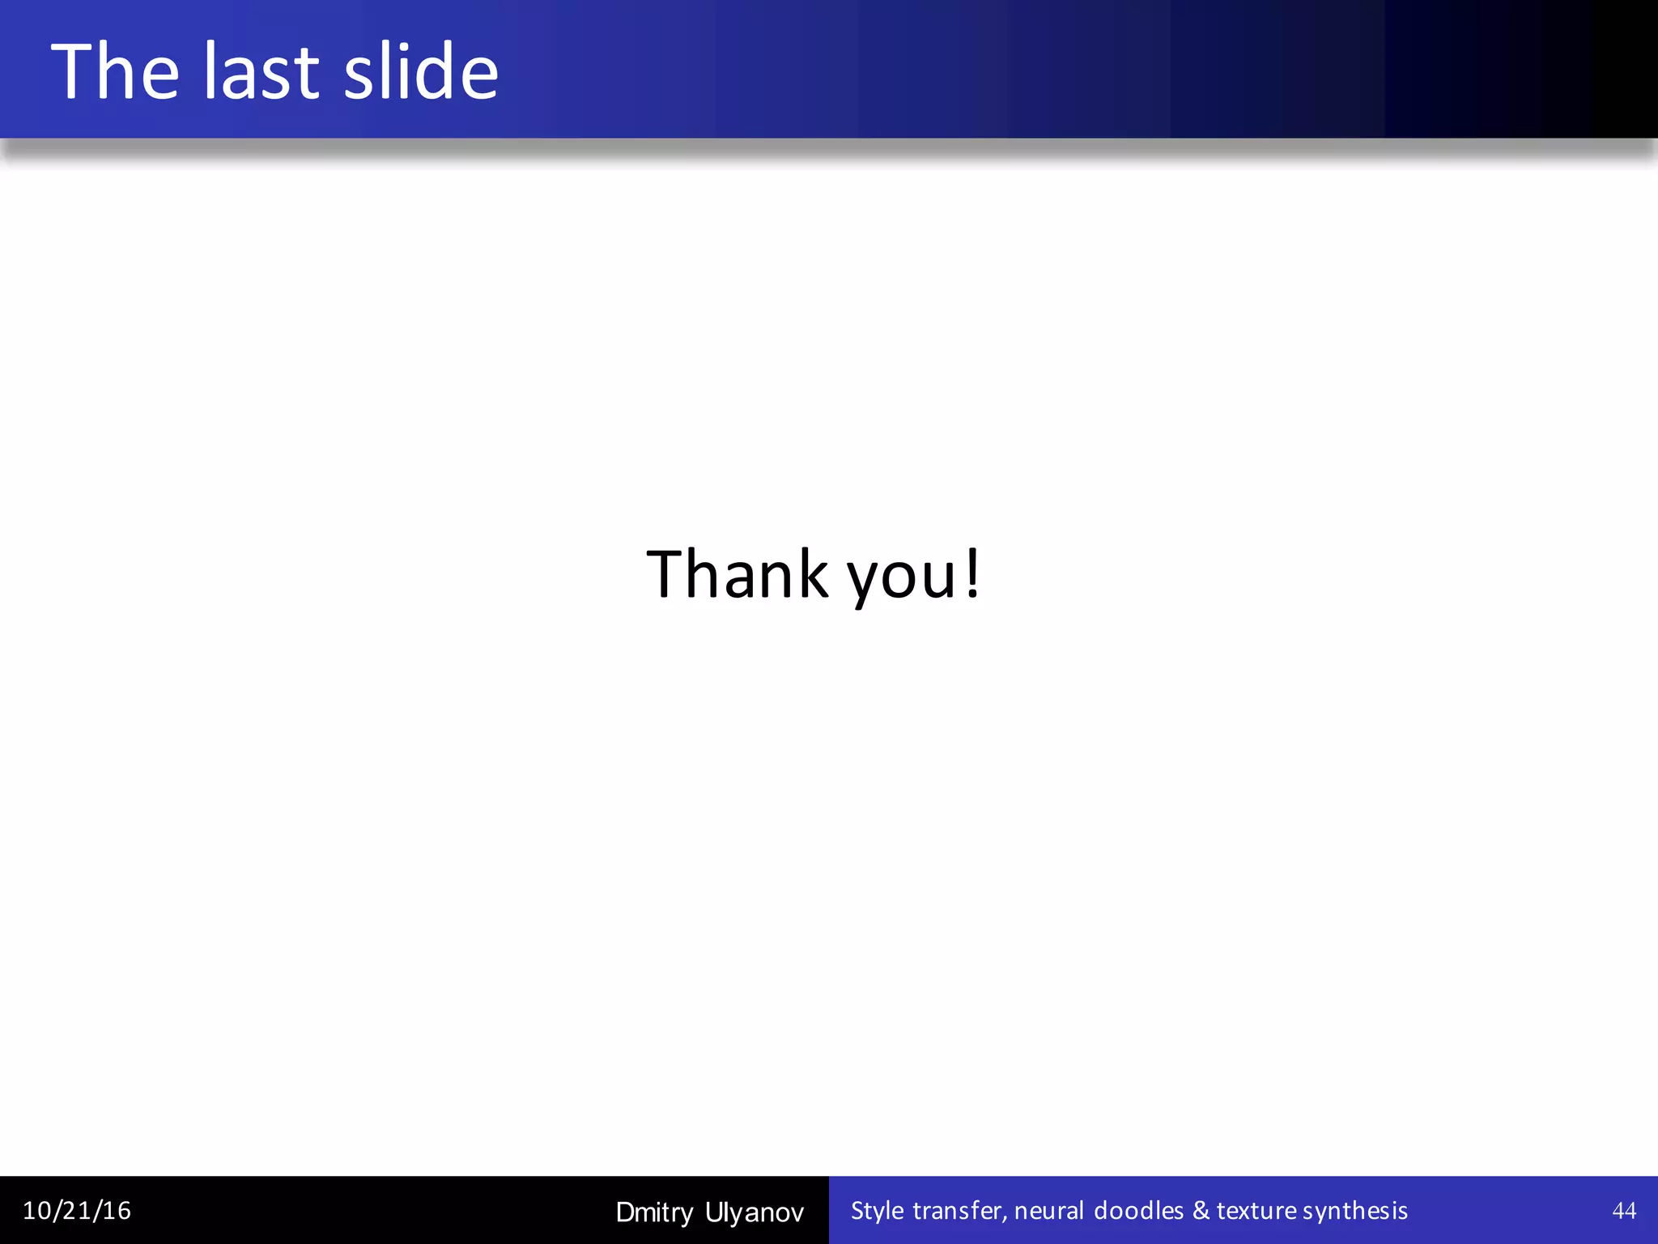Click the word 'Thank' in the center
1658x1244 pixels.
tap(738, 574)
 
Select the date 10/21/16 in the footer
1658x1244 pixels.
tap(77, 1211)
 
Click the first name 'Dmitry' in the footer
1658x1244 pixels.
tap(654, 1212)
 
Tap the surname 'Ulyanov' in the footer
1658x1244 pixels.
tap(755, 1212)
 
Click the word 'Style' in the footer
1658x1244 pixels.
tap(877, 1211)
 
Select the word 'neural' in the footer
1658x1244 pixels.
tap(1048, 1211)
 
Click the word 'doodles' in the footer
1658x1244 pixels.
tap(1138, 1211)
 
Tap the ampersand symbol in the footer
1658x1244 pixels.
tap(1201, 1211)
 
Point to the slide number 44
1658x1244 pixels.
tap(1624, 1211)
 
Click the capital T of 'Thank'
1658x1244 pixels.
tap(665, 574)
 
